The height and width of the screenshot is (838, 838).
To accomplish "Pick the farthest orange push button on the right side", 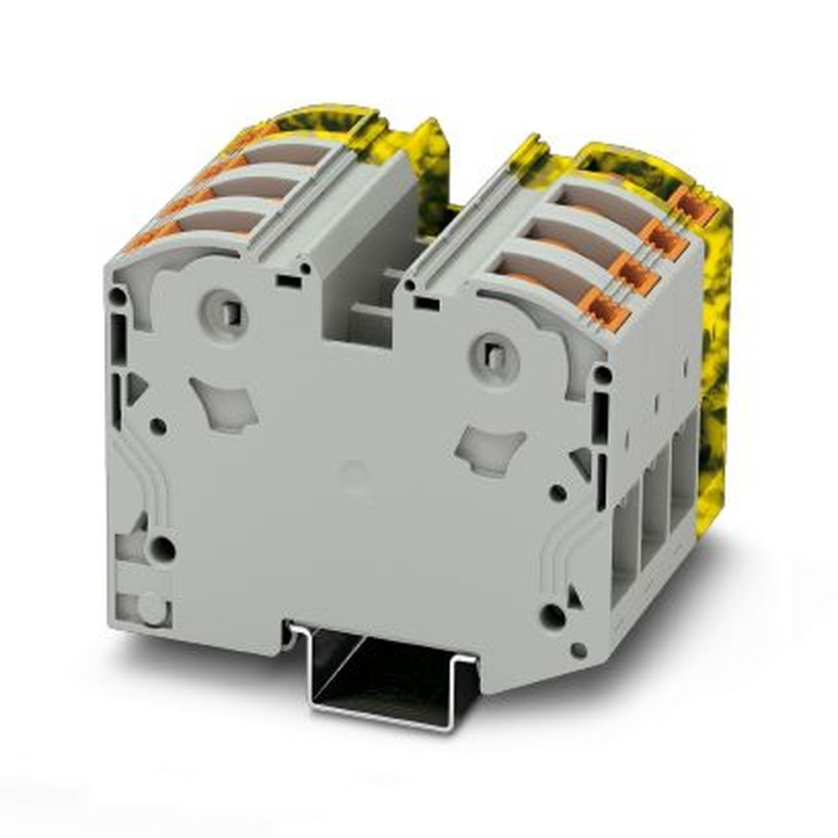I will pos(694,206).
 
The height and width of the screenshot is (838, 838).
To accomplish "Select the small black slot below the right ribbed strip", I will pos(425,303).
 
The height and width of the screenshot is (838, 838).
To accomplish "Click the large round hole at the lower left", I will pos(163,550).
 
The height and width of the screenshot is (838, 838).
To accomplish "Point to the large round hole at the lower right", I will pos(552,616).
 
